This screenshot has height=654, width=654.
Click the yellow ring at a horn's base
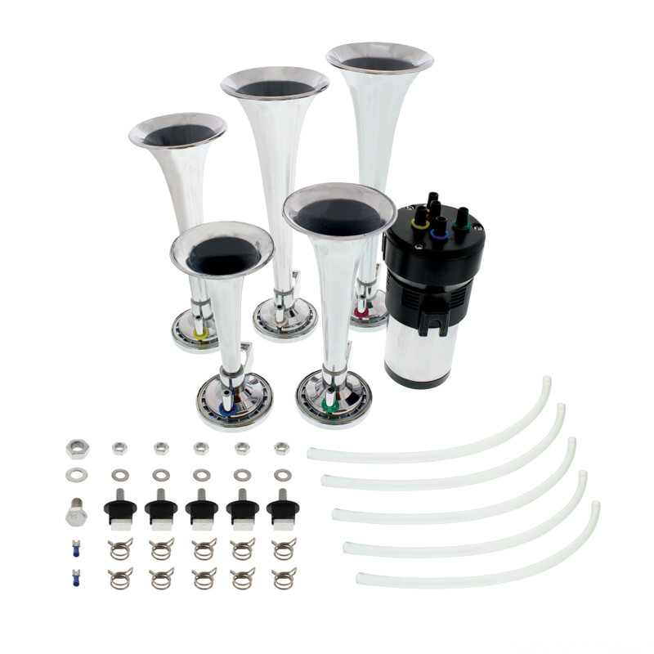point(201,333)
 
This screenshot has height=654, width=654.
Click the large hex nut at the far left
point(78,448)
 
